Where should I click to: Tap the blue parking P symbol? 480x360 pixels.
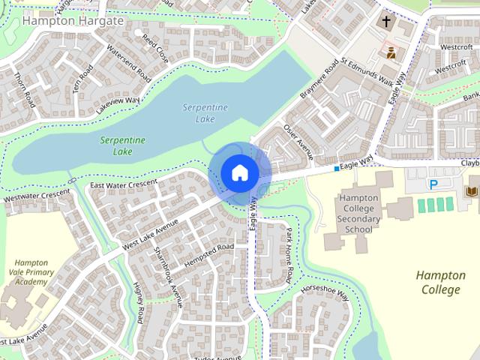[433, 184]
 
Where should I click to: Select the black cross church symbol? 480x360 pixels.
[386, 22]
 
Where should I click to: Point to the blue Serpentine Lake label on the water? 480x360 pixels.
[205, 113]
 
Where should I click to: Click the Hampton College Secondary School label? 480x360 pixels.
[360, 213]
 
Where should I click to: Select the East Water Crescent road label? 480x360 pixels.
[123, 183]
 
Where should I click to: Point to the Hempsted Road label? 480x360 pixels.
[210, 250]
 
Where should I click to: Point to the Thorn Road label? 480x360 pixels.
[25, 88]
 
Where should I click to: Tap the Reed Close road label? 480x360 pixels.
[156, 46]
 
